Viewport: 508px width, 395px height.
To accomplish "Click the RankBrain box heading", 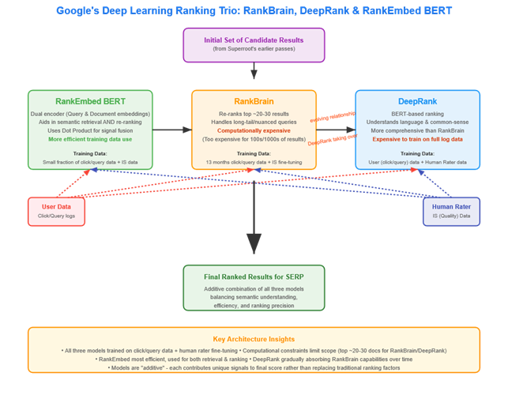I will [254, 101].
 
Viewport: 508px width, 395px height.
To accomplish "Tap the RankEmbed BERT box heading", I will [90, 101].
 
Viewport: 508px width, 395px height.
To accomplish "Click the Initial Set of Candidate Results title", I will [254, 40].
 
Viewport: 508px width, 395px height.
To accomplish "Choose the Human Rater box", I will [451, 211].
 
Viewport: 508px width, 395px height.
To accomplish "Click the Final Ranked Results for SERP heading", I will [254, 276].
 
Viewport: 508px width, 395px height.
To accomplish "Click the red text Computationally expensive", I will [254, 130].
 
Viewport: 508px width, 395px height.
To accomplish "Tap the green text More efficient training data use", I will [90, 139].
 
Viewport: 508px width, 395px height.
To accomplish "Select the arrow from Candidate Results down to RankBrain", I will [254, 73].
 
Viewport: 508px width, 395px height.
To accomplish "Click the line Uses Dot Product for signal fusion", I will [90, 130].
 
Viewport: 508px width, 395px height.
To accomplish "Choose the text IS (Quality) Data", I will [451, 216].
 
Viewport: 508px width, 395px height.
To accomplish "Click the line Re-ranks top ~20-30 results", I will [254, 113].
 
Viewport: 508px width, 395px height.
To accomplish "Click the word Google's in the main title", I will [81, 11].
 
